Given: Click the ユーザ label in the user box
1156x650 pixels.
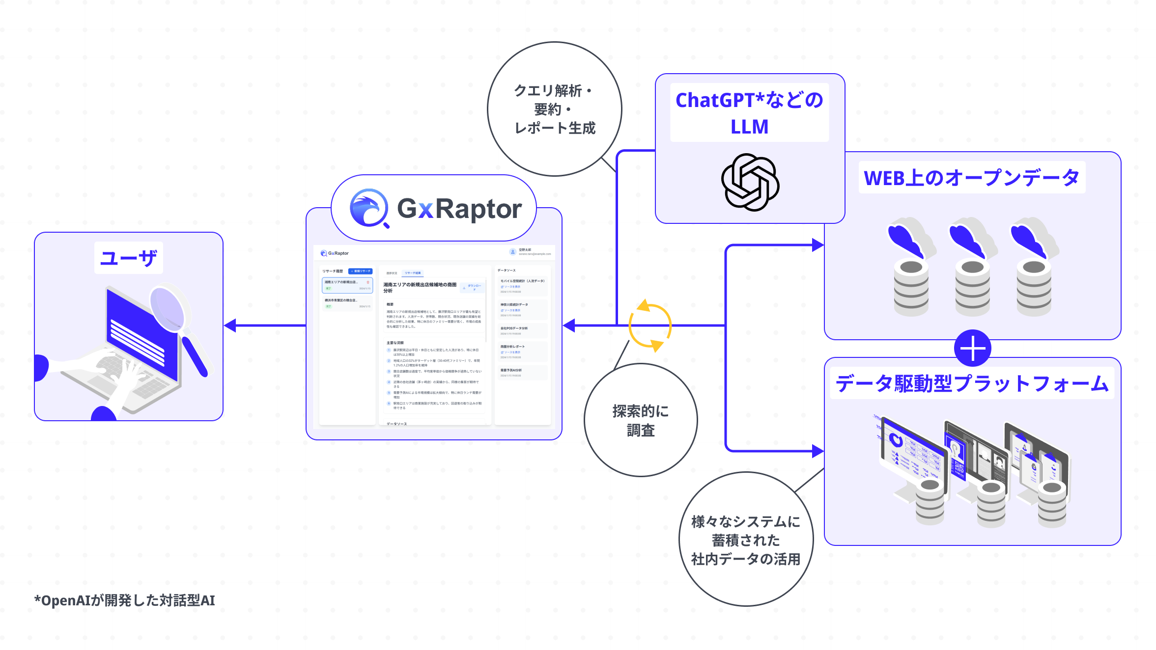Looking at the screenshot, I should [128, 258].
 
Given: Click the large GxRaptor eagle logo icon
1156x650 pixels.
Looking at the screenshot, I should [368, 208].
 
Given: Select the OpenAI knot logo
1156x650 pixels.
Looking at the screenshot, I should [750, 182].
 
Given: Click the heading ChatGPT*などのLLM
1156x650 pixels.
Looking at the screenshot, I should [749, 113].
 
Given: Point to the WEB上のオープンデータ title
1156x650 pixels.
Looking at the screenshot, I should [971, 178].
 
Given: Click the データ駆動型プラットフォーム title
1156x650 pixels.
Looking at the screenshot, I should [972, 383].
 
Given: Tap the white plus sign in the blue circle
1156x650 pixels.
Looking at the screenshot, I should [972, 349].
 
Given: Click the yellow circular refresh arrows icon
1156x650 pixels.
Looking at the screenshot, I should [650, 325].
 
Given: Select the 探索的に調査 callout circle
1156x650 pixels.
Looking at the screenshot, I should [641, 420].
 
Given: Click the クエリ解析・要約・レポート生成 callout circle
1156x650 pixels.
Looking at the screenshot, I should [555, 109].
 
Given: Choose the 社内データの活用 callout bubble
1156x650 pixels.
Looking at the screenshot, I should [746, 540].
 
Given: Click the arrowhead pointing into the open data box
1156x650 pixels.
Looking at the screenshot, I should [818, 245].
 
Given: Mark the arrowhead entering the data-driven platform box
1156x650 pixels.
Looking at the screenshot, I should [818, 451].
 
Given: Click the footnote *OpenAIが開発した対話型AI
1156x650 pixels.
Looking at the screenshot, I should [124, 600].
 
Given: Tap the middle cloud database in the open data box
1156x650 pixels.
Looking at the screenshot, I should [972, 268].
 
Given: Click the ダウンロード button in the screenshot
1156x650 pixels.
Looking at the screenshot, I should [473, 288].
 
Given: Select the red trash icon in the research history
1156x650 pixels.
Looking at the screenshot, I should [368, 282].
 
